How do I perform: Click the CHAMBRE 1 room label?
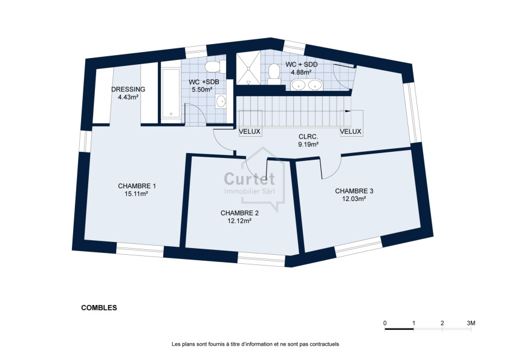click(x=137, y=186)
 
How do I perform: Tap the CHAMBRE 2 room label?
click(x=239, y=213)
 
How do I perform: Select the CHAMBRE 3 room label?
click(x=354, y=191)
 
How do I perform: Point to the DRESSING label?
click(x=128, y=90)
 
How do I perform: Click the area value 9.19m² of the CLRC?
click(x=308, y=145)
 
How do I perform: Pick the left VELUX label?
click(x=250, y=131)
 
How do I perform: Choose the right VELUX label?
click(x=351, y=131)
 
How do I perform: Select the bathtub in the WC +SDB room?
click(x=170, y=92)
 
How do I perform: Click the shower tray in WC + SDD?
click(x=248, y=68)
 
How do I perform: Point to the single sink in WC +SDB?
click(x=221, y=101)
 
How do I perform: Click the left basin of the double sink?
click(x=297, y=85)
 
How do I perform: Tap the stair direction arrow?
click(x=348, y=111)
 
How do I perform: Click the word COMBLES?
click(x=99, y=308)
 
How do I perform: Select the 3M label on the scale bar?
click(x=471, y=323)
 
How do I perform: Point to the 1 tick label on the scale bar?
click(x=413, y=323)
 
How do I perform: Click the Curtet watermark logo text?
click(x=249, y=178)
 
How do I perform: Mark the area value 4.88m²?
click(x=301, y=72)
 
